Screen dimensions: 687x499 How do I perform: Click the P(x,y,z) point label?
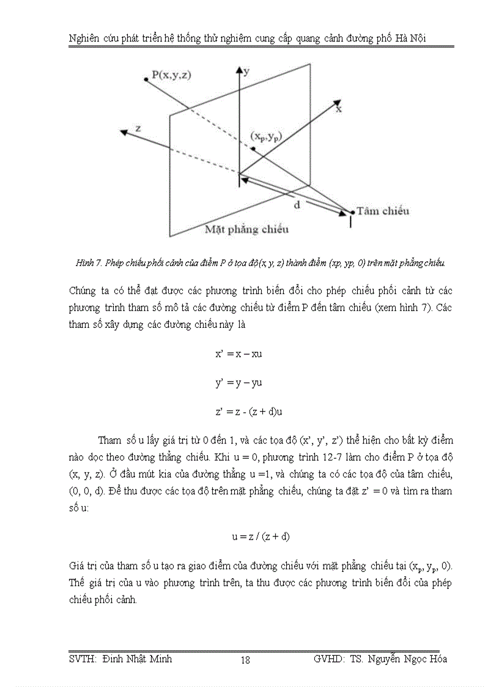coord(171,75)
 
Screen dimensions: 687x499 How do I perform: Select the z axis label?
coord(139,128)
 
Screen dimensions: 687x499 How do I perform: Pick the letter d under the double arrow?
coord(297,206)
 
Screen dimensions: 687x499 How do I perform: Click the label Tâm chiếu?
coord(383,211)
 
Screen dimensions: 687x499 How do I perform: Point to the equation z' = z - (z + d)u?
coord(249,412)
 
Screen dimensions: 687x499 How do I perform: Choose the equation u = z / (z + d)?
coord(261,537)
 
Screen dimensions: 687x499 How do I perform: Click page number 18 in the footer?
coord(245,659)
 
